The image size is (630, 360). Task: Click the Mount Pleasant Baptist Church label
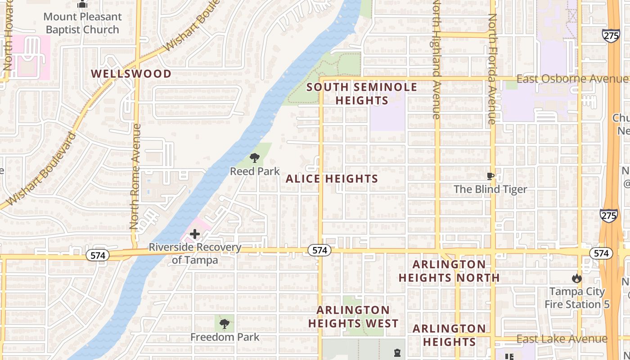(x=82, y=23)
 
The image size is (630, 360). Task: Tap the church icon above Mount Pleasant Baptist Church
(x=82, y=5)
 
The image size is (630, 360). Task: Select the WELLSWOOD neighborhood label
(x=131, y=74)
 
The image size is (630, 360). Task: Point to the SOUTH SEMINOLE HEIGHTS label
(x=362, y=94)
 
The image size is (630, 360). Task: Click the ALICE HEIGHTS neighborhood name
(x=332, y=179)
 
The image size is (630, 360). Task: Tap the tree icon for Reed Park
(x=255, y=157)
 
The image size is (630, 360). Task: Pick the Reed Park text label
(x=255, y=171)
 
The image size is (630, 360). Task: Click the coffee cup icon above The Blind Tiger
(x=490, y=176)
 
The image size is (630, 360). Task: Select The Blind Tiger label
(x=490, y=189)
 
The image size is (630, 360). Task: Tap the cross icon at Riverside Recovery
(x=195, y=234)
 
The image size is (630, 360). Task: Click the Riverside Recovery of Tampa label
(x=195, y=254)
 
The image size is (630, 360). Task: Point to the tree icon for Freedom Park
(x=225, y=324)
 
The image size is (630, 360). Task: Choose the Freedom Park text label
(x=225, y=337)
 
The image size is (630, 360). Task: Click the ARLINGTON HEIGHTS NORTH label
(x=449, y=271)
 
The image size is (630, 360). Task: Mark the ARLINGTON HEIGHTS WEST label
(x=353, y=317)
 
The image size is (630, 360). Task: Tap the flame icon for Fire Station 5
(x=577, y=279)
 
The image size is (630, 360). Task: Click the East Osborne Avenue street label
(x=571, y=79)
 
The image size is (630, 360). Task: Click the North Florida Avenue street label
(x=493, y=68)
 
